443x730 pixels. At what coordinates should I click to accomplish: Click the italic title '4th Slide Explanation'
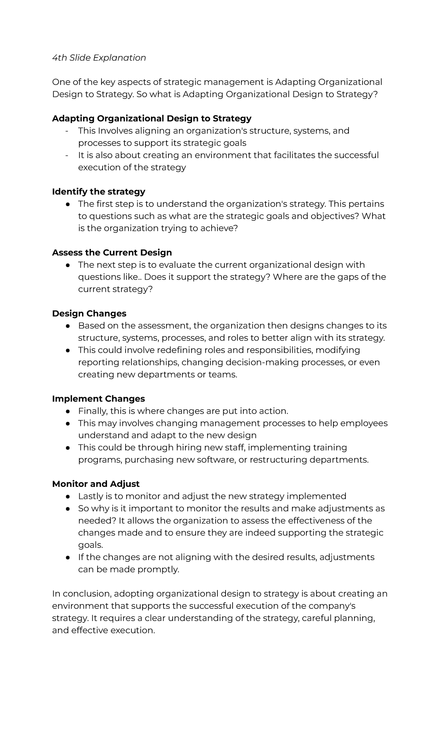(x=99, y=58)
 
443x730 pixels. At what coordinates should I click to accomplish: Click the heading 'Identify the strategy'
(x=99, y=191)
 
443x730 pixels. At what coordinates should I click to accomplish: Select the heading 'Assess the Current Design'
(x=112, y=252)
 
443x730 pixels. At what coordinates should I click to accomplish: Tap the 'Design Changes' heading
(x=89, y=313)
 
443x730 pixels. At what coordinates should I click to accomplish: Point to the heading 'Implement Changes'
(x=98, y=399)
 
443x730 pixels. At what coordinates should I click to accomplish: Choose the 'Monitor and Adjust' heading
(x=96, y=484)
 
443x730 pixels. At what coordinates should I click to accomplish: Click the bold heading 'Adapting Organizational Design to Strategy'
(x=151, y=118)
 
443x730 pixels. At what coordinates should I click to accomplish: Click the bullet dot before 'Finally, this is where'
(x=68, y=411)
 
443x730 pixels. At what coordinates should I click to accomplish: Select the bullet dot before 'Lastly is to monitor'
(x=68, y=496)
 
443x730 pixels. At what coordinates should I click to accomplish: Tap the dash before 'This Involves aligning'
(x=67, y=131)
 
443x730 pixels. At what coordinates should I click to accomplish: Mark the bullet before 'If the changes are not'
(x=68, y=557)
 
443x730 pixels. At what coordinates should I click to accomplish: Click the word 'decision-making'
(x=240, y=362)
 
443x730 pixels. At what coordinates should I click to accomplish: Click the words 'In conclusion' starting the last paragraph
(x=81, y=594)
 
